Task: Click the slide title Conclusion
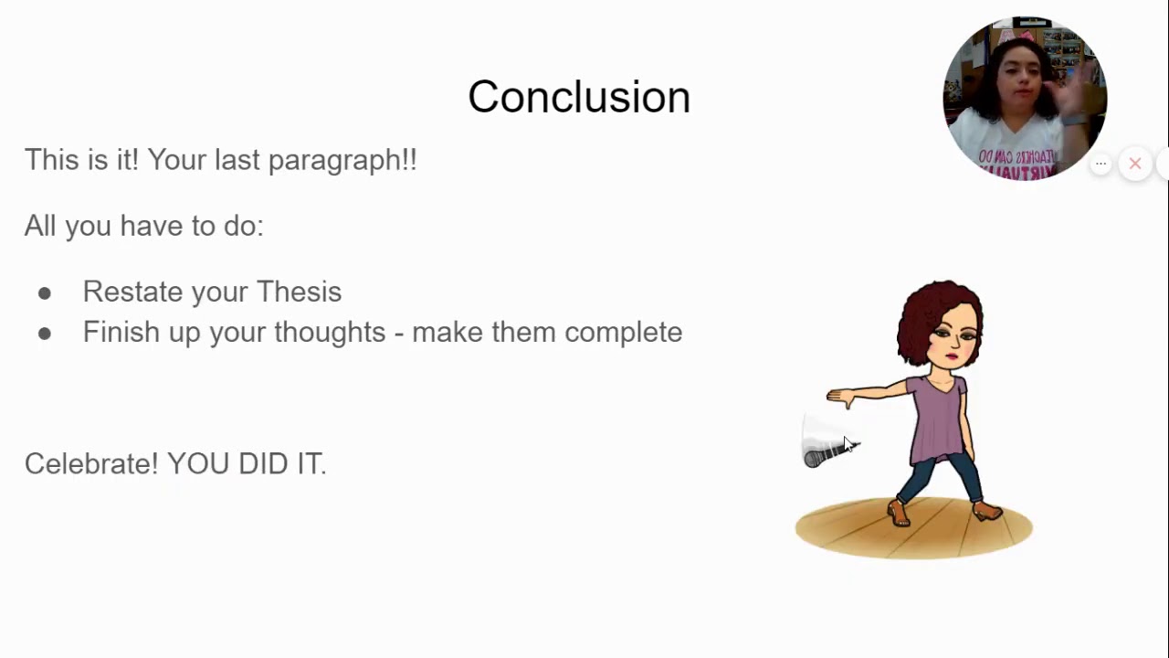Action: (x=579, y=97)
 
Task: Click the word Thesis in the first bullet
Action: (x=299, y=292)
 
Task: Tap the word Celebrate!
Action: (x=91, y=463)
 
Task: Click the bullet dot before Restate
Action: (x=45, y=293)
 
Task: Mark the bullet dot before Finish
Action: (x=45, y=334)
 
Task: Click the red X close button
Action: (x=1135, y=164)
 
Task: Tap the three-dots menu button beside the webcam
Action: (x=1101, y=164)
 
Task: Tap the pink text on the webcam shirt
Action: (x=1016, y=161)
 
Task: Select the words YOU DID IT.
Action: (x=247, y=463)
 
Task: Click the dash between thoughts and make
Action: (x=399, y=334)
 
